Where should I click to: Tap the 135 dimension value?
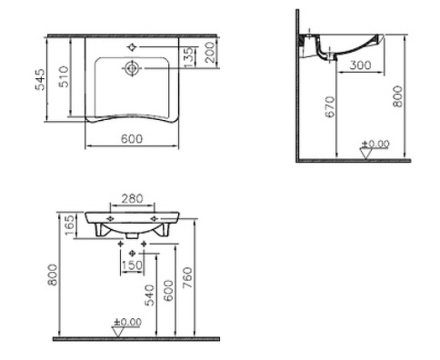click(187, 56)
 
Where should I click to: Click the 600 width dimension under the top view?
click(134, 139)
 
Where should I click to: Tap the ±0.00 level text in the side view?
click(375, 144)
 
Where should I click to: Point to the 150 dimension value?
click(134, 264)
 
